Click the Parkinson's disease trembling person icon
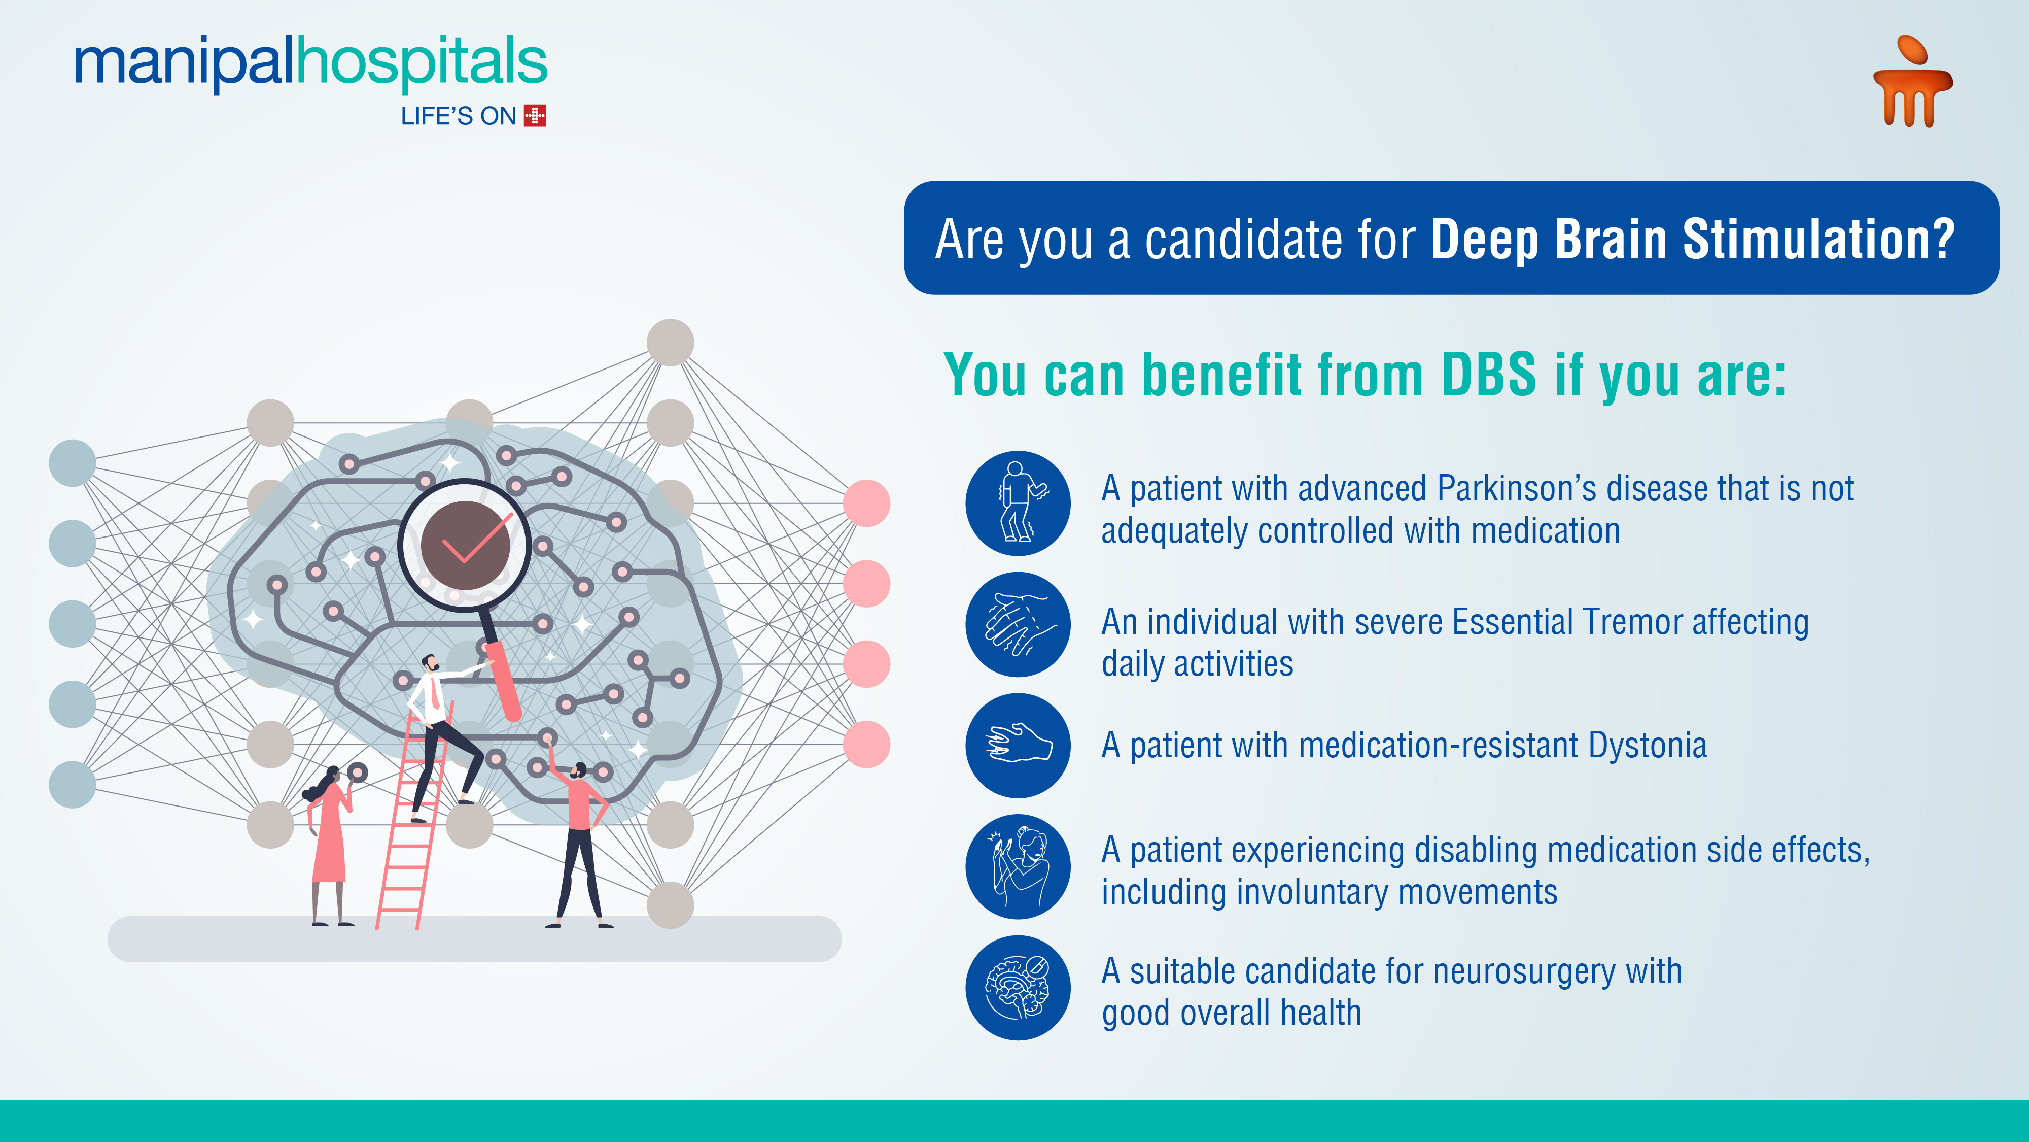point(1018,503)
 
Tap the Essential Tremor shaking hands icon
point(1018,624)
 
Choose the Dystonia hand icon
point(1018,745)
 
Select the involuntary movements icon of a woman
point(1018,866)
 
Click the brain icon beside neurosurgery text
point(1018,988)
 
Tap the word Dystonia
point(1647,746)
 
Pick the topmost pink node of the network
point(866,503)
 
